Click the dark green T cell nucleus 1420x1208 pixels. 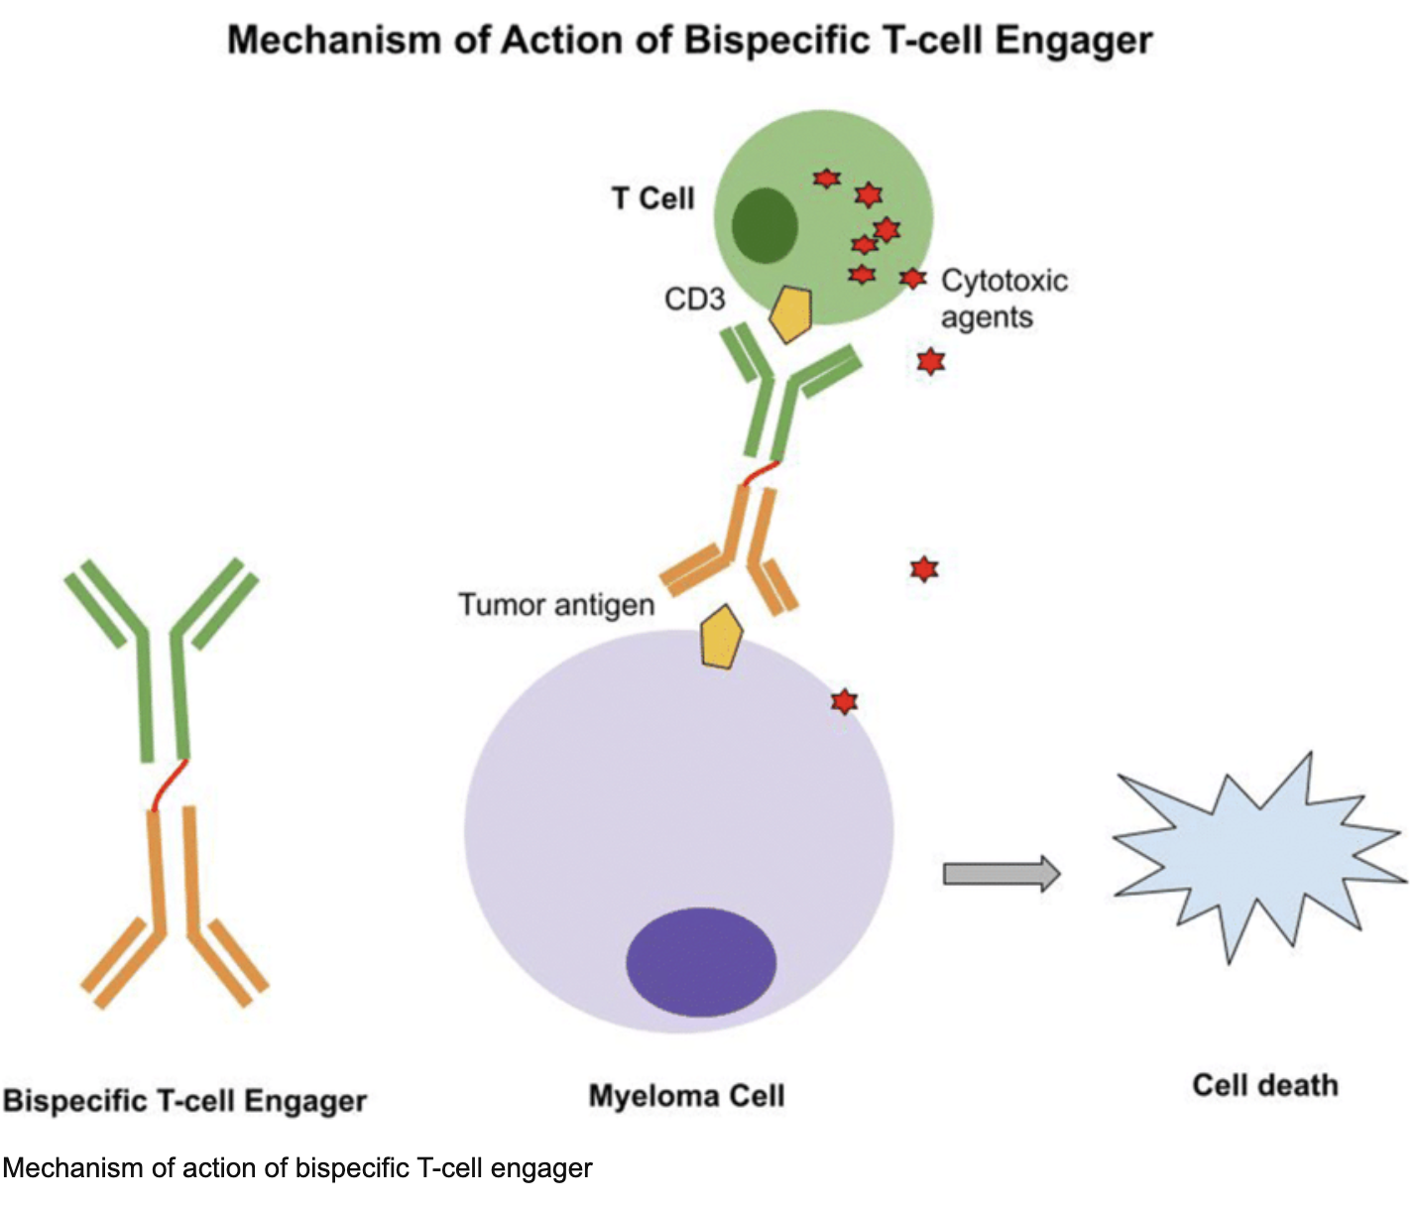[765, 226]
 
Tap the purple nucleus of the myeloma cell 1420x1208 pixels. [701, 961]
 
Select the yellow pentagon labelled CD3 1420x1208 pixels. [791, 313]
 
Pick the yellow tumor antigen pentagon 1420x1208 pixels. [721, 637]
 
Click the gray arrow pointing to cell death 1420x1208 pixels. [1001, 874]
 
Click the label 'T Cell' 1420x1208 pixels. [652, 198]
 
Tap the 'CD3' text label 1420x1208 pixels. [694, 299]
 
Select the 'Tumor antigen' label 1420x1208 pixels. [555, 604]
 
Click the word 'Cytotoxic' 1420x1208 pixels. [1004, 281]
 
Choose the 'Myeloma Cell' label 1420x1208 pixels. [686, 1096]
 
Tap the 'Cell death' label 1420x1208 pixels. [1264, 1085]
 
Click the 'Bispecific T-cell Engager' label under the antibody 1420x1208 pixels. [184, 1101]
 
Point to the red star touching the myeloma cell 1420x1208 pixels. [844, 702]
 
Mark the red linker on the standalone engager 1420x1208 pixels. [169, 785]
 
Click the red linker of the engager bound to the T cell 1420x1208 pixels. [759, 474]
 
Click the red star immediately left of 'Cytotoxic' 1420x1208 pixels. [912, 279]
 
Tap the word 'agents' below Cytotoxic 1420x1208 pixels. [986, 318]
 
